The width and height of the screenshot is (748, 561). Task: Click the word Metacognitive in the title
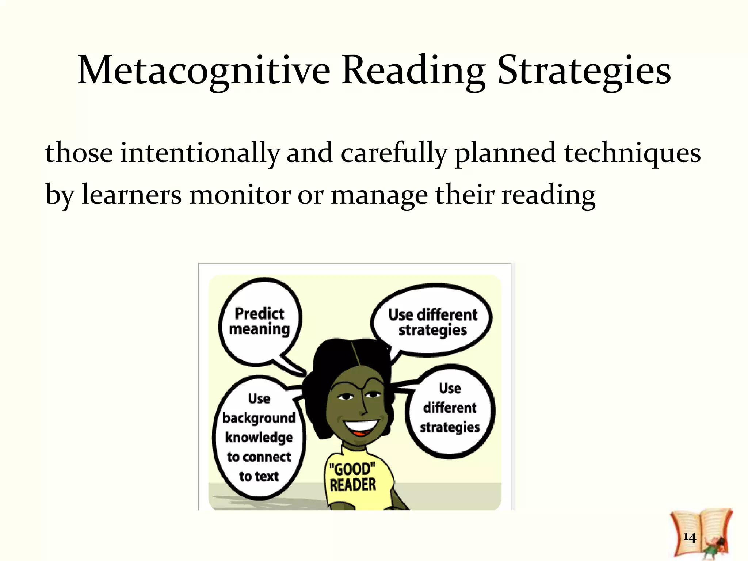pos(204,70)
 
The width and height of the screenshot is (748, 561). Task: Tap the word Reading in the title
pos(413,70)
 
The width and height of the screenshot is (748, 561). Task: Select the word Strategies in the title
pos(584,70)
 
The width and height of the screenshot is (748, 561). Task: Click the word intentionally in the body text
pos(199,153)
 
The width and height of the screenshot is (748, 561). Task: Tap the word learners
pos(131,194)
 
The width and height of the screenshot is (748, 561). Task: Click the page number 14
pos(689,537)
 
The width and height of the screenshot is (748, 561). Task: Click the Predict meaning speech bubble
pos(260,321)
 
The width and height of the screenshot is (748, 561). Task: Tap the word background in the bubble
pos(259,418)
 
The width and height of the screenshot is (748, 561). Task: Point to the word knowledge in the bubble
pos(259,437)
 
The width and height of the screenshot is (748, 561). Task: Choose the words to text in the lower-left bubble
pos(259,476)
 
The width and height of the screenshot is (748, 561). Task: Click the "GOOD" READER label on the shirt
pos(352,477)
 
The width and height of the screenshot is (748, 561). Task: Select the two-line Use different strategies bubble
pos(432,322)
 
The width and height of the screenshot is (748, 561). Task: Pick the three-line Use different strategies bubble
pos(450,408)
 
